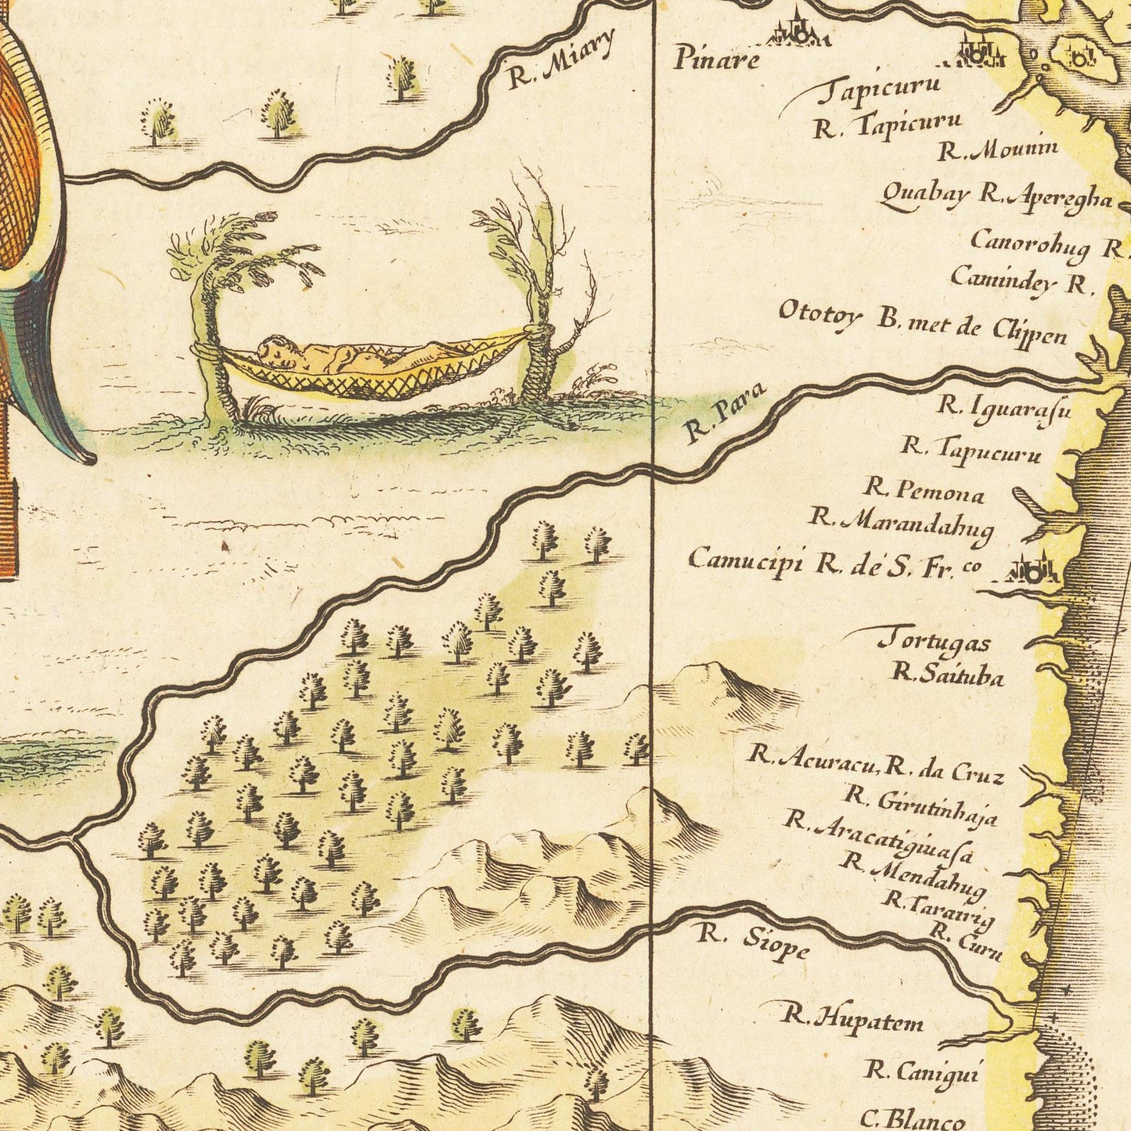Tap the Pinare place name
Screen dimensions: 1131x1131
point(716,59)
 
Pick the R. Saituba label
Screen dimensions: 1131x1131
point(948,674)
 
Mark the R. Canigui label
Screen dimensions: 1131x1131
point(921,1070)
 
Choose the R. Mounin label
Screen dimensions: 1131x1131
point(998,149)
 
